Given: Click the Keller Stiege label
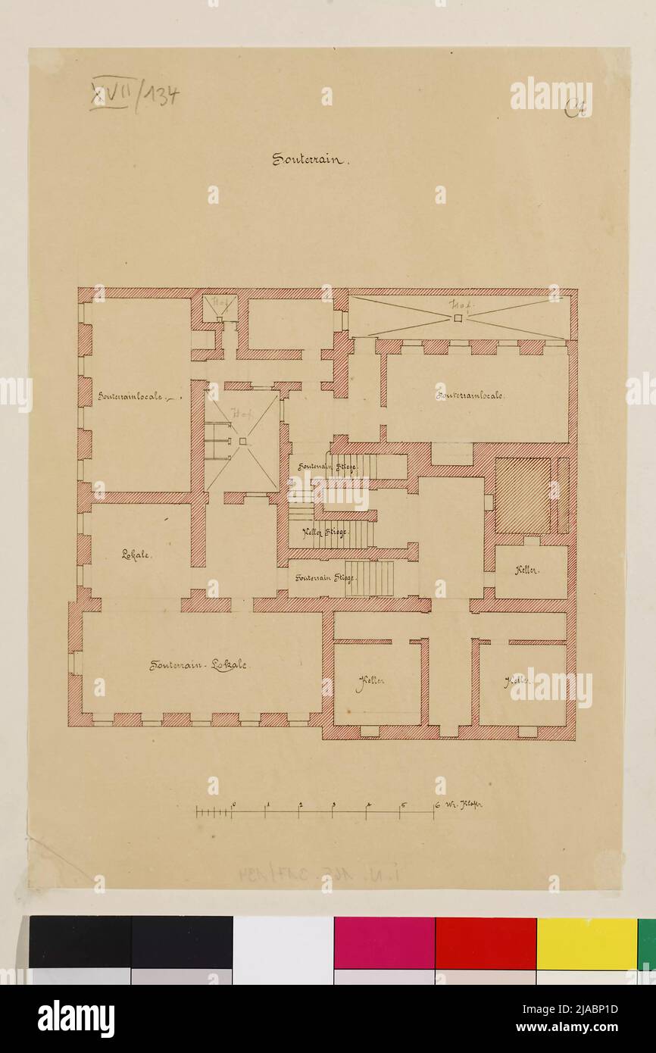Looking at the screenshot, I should point(325,532).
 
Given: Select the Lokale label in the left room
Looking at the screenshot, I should point(136,554).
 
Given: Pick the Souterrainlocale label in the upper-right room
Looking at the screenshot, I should point(470,394).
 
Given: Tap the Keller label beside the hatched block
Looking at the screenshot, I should point(527,570).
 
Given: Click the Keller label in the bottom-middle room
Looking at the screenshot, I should point(370,680).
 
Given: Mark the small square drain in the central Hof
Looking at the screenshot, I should point(242,441).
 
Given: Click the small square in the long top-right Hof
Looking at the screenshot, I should point(458,319).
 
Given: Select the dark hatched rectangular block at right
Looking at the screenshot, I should point(523,495).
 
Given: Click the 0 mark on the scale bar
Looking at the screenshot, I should point(233,806).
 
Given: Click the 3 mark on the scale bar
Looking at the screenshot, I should point(334,806).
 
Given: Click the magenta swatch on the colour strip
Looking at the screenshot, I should point(384,942).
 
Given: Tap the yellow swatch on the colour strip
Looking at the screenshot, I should point(586,942).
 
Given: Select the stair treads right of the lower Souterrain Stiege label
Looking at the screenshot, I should point(370,578).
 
